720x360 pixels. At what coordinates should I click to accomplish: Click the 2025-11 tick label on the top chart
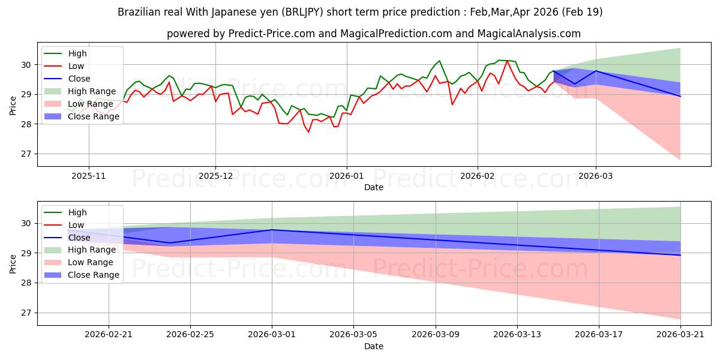(88, 176)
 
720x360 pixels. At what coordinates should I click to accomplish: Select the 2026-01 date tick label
(347, 176)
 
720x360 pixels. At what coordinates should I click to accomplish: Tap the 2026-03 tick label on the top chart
(596, 176)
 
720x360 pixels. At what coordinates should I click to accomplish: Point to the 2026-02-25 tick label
(190, 335)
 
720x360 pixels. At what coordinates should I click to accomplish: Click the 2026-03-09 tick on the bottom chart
(436, 335)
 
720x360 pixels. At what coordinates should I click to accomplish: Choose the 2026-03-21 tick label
(680, 335)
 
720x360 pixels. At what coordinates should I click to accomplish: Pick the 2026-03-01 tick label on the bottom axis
(272, 335)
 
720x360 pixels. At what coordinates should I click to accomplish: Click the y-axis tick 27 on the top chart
(26, 154)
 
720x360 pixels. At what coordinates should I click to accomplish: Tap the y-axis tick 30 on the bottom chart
(26, 224)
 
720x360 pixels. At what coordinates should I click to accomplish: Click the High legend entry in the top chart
(65, 53)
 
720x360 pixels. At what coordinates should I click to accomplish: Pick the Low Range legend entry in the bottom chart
(79, 262)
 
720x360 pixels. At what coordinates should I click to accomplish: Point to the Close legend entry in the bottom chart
(67, 238)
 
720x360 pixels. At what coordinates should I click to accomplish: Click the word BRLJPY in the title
(304, 12)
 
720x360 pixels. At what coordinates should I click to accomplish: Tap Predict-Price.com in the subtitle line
(271, 34)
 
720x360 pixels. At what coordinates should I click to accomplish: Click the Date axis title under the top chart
(373, 187)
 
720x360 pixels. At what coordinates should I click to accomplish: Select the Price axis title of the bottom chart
(13, 264)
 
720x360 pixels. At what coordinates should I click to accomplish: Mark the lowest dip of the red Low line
(308, 132)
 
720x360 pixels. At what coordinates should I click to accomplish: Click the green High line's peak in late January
(439, 61)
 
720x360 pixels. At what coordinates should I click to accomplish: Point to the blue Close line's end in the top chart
(680, 97)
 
